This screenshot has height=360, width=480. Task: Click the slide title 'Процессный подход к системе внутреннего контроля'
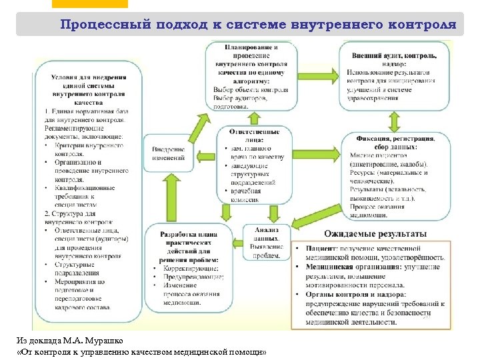coord(258,25)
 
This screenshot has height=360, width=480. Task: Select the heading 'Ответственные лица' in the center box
coord(250,135)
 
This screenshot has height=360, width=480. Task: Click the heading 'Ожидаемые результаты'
coord(375,234)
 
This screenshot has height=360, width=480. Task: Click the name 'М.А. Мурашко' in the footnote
coord(89,341)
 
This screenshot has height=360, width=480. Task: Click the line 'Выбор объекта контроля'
coord(251,89)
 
